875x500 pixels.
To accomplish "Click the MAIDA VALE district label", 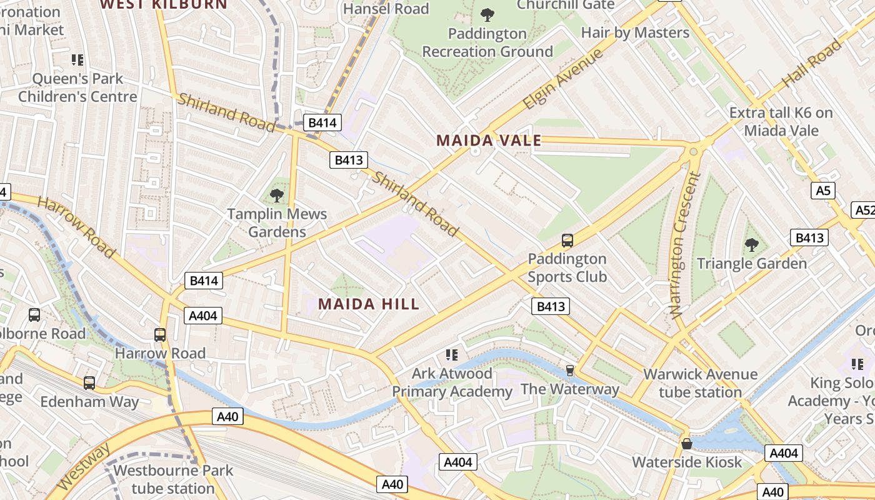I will (x=489, y=141).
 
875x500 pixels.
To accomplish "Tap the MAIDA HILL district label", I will (x=369, y=304).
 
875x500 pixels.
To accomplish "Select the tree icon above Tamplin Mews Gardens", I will (x=277, y=196).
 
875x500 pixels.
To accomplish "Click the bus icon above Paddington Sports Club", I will (x=567, y=240).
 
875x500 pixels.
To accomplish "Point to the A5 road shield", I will (x=823, y=191).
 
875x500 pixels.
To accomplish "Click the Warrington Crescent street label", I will (x=685, y=246).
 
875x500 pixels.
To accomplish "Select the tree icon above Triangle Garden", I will (x=752, y=245).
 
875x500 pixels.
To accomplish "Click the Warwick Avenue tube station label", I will (x=700, y=383).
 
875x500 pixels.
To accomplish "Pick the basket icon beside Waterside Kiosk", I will (x=687, y=444).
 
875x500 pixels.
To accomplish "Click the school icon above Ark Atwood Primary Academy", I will (x=452, y=355).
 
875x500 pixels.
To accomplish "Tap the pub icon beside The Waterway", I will (x=569, y=371).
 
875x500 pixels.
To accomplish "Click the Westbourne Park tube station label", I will (x=172, y=479).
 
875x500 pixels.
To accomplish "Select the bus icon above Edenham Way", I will (x=89, y=382).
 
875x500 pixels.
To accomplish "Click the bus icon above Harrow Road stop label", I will (x=160, y=334).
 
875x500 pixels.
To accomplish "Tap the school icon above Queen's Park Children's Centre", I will (x=77, y=60).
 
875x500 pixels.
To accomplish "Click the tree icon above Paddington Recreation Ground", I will (x=487, y=14).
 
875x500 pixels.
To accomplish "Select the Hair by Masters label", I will (x=635, y=32).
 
